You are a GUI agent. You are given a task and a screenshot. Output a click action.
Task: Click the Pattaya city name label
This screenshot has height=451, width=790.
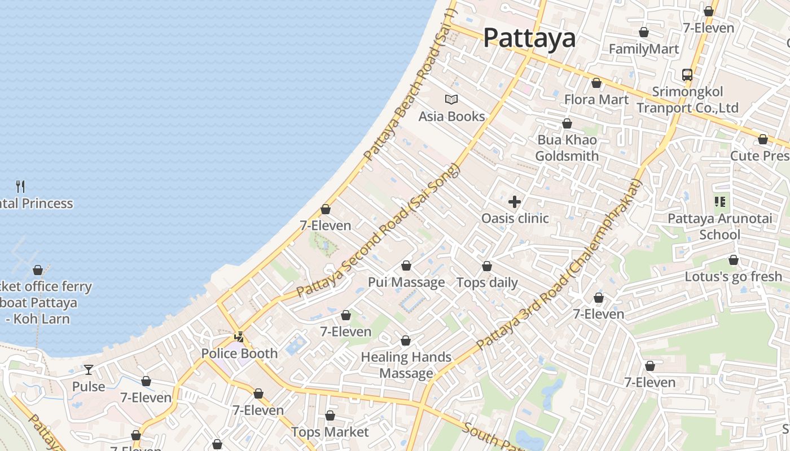[x=529, y=38]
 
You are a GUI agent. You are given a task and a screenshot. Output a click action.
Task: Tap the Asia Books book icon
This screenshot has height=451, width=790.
[x=451, y=100]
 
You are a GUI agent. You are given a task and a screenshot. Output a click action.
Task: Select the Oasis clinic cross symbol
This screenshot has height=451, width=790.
[x=515, y=202]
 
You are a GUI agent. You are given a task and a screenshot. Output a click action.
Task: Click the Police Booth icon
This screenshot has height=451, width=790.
[x=239, y=337]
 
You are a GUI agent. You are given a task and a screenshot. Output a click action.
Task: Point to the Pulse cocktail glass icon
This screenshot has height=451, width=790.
[x=89, y=370]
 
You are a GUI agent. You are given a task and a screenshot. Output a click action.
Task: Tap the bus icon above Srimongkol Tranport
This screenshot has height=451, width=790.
[x=687, y=75]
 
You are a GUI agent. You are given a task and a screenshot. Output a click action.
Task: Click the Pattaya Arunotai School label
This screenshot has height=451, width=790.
[x=719, y=227]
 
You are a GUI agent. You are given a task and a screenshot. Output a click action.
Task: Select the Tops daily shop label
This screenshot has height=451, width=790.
[x=487, y=282]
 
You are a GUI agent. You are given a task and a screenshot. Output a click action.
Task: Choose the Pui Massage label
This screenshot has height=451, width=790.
[x=406, y=282]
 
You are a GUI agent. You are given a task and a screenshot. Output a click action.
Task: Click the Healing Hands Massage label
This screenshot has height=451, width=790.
[x=406, y=365]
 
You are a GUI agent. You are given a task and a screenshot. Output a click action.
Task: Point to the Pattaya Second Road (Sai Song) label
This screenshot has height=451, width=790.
[x=379, y=232]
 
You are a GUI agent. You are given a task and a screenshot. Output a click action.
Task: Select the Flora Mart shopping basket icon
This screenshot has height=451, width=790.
[x=596, y=83]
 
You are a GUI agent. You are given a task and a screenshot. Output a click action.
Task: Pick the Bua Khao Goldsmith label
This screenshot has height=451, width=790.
[x=567, y=148]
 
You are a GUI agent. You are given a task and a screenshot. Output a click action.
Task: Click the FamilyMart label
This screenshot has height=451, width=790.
[x=644, y=49]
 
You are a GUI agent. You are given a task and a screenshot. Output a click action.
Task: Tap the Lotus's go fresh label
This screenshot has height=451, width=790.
[x=733, y=277]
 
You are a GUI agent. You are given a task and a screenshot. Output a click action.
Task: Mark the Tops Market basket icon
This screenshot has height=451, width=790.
[x=330, y=416]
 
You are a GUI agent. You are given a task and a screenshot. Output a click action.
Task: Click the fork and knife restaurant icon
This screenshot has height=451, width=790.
[x=21, y=186]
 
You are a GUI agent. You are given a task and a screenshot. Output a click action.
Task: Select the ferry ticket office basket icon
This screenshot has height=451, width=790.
[x=38, y=270]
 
